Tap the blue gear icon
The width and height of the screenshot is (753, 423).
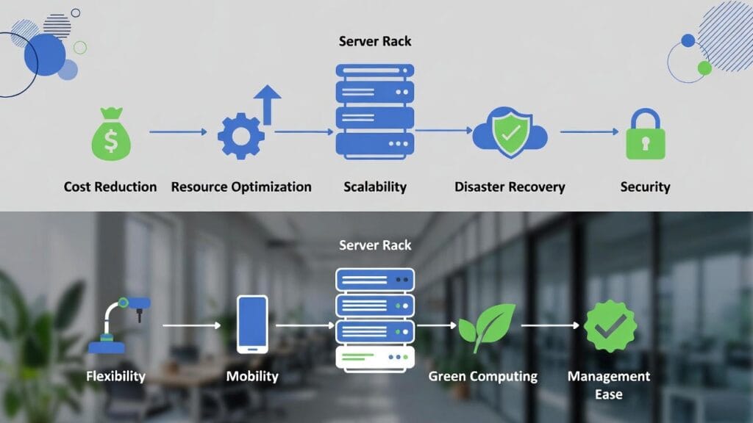(x=240, y=136)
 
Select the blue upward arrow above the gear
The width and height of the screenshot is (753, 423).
(x=268, y=103)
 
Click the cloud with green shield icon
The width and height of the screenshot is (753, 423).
(x=510, y=134)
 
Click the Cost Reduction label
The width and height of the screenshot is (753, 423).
(x=110, y=187)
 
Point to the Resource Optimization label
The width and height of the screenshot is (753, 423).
(x=241, y=187)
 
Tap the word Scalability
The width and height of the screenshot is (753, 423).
(x=375, y=187)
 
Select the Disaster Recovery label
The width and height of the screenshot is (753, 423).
(x=510, y=187)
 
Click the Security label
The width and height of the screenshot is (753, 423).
(x=645, y=187)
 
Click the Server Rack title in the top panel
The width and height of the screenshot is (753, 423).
(x=375, y=41)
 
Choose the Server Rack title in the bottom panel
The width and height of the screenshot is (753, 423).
(x=375, y=245)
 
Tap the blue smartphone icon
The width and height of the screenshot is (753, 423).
(x=252, y=324)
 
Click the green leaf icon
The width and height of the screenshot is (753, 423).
(x=486, y=325)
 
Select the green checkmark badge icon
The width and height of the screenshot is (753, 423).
(x=609, y=325)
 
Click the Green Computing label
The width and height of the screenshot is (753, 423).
(x=483, y=376)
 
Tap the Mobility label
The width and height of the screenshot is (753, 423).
(x=252, y=376)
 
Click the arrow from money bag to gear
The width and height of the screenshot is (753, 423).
(x=178, y=132)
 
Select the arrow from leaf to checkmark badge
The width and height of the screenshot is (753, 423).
(x=550, y=324)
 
